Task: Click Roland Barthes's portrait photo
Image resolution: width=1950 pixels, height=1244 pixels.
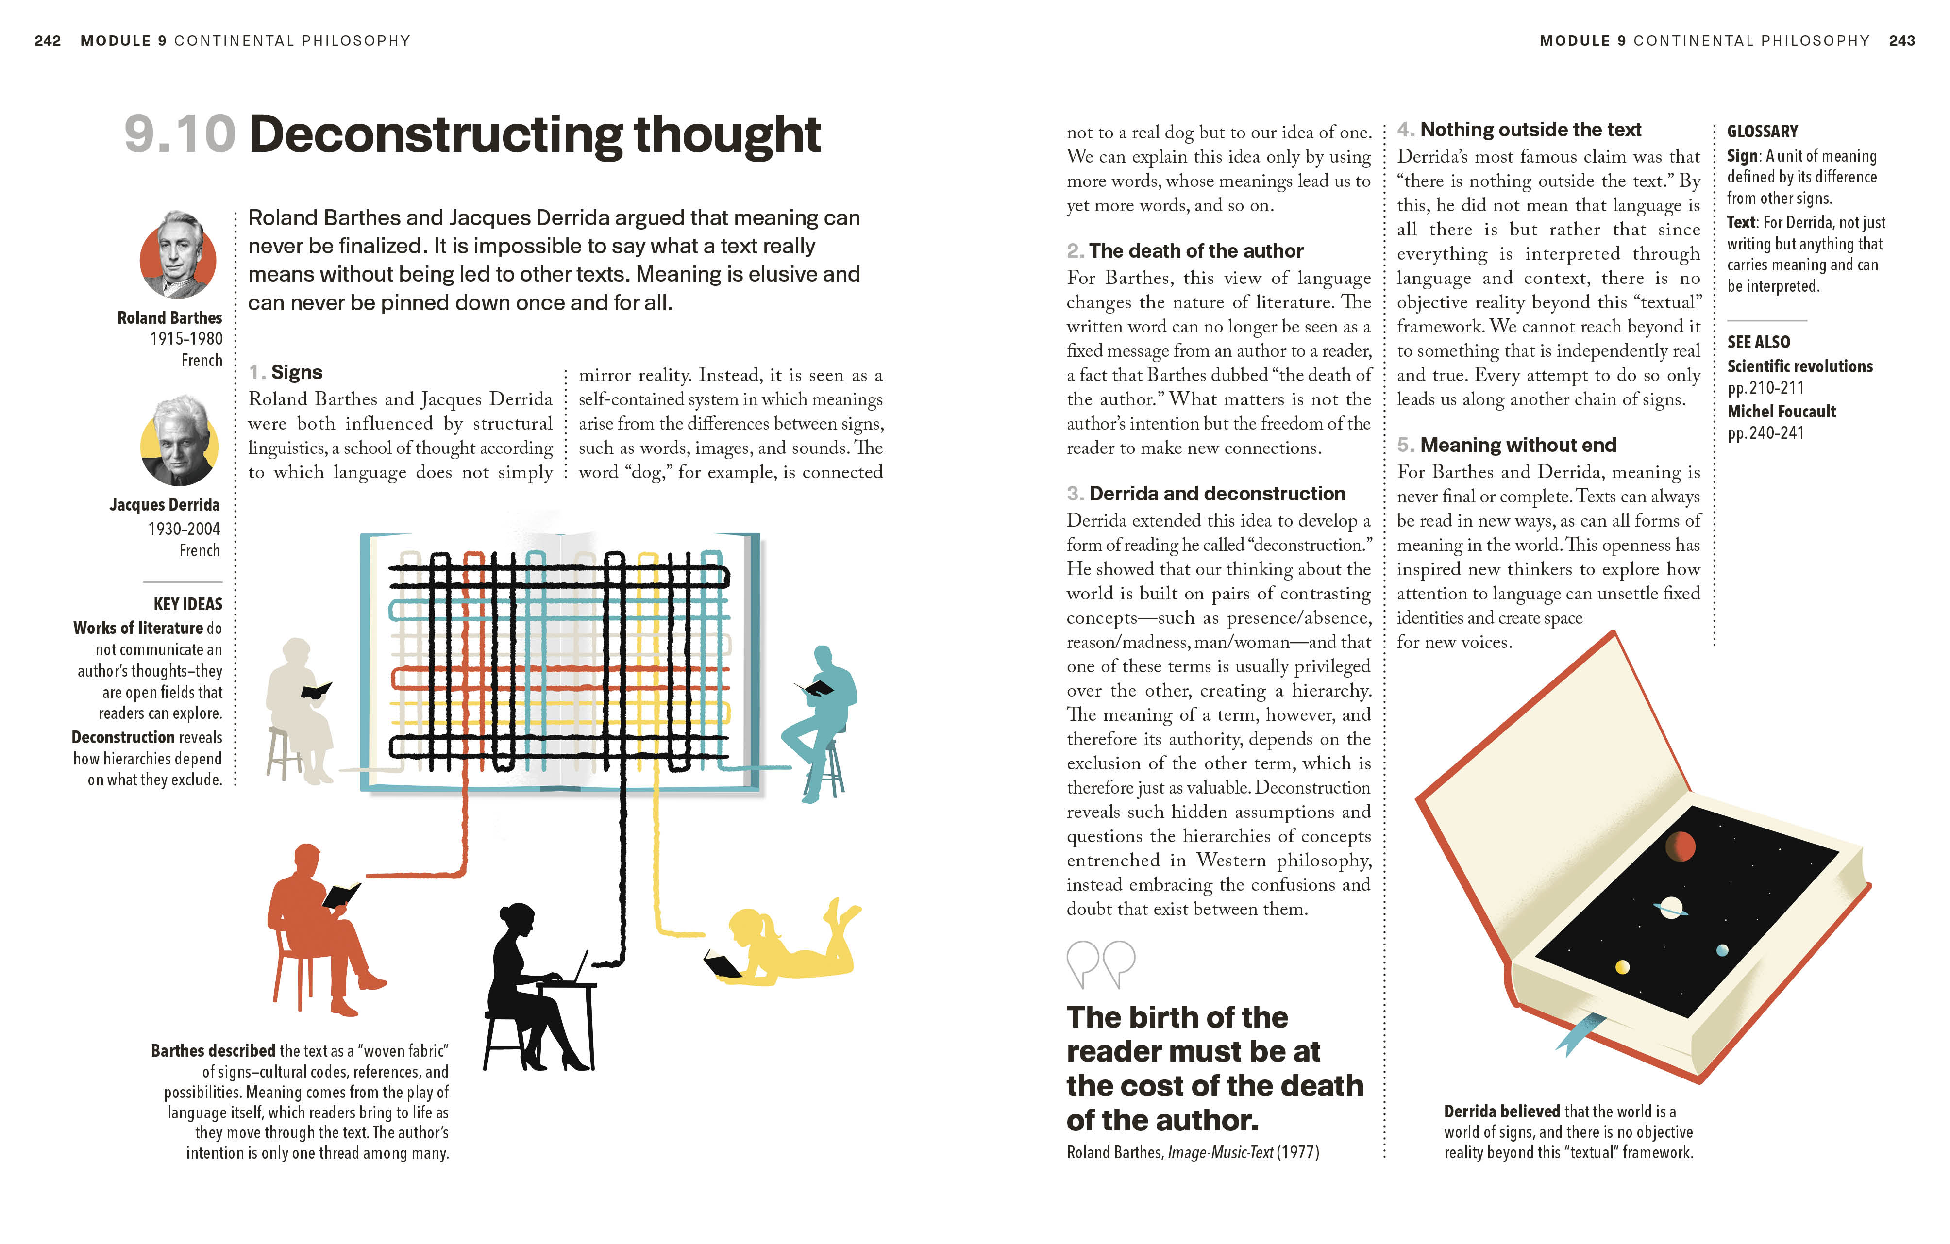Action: click(178, 255)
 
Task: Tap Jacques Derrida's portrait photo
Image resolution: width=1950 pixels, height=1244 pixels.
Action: click(179, 442)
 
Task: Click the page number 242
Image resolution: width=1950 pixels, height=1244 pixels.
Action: click(48, 40)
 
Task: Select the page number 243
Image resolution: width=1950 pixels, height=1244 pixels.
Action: click(1901, 40)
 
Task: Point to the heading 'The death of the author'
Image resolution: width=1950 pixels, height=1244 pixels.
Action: click(1195, 251)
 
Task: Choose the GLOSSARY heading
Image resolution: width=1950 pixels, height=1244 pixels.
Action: click(1762, 131)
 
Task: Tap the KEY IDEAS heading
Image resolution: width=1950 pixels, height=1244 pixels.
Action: click(188, 604)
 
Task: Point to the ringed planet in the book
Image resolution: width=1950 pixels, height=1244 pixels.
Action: click(1671, 908)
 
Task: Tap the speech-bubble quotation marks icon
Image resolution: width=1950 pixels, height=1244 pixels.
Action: click(1101, 963)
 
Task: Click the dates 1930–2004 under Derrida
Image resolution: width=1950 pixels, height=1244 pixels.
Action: click(184, 529)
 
